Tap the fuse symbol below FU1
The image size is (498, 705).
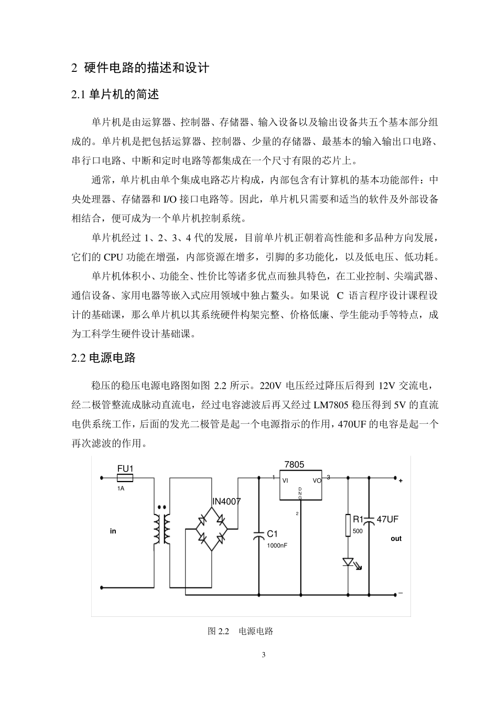point(125,478)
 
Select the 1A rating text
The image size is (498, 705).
point(121,488)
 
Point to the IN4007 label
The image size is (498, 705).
point(226,501)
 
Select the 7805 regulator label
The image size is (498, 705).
point(294,465)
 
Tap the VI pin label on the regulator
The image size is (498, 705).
point(285,480)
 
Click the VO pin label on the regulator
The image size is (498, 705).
point(317,480)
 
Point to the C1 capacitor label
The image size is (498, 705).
point(272,533)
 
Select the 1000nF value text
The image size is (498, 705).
point(277,545)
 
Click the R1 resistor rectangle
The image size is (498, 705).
point(348,526)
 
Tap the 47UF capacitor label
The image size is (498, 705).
point(387,519)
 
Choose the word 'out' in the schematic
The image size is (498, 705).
point(396,538)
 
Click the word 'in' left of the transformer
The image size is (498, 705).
point(113,531)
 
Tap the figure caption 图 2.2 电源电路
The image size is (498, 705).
point(241,631)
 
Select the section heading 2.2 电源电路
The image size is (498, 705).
point(103,358)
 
